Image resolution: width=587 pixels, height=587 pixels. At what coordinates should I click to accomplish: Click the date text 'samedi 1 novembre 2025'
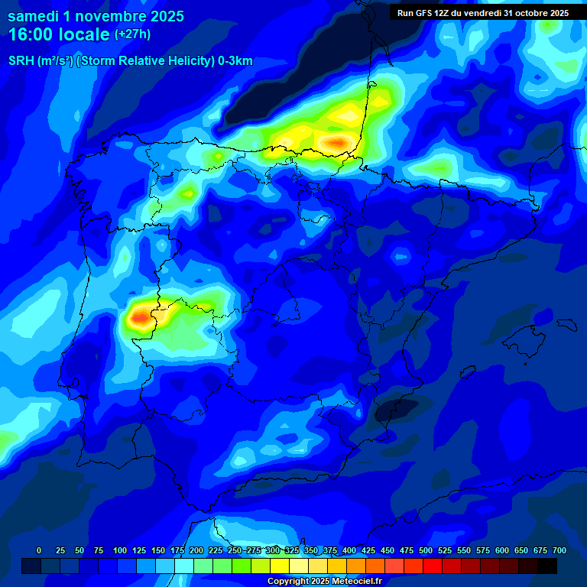96,16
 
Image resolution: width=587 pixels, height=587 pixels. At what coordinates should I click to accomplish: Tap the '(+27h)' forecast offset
132,34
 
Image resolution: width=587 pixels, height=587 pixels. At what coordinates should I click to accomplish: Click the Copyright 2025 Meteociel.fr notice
323,581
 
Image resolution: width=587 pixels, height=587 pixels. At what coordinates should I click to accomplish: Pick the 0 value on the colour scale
39,550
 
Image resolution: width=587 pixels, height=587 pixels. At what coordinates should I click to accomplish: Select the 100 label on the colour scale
120,550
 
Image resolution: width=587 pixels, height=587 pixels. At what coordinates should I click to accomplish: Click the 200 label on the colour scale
196,550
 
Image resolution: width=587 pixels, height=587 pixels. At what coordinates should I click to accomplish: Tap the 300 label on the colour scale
273,550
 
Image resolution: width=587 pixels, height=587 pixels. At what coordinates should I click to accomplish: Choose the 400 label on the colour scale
349,550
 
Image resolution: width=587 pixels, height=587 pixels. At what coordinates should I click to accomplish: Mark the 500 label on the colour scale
426,550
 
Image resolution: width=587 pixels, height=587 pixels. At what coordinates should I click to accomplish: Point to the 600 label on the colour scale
502,550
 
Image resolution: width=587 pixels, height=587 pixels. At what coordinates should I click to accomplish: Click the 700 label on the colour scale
559,550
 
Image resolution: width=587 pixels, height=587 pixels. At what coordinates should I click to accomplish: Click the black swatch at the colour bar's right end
547,566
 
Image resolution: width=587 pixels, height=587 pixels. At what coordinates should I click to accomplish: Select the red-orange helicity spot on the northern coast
336,142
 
